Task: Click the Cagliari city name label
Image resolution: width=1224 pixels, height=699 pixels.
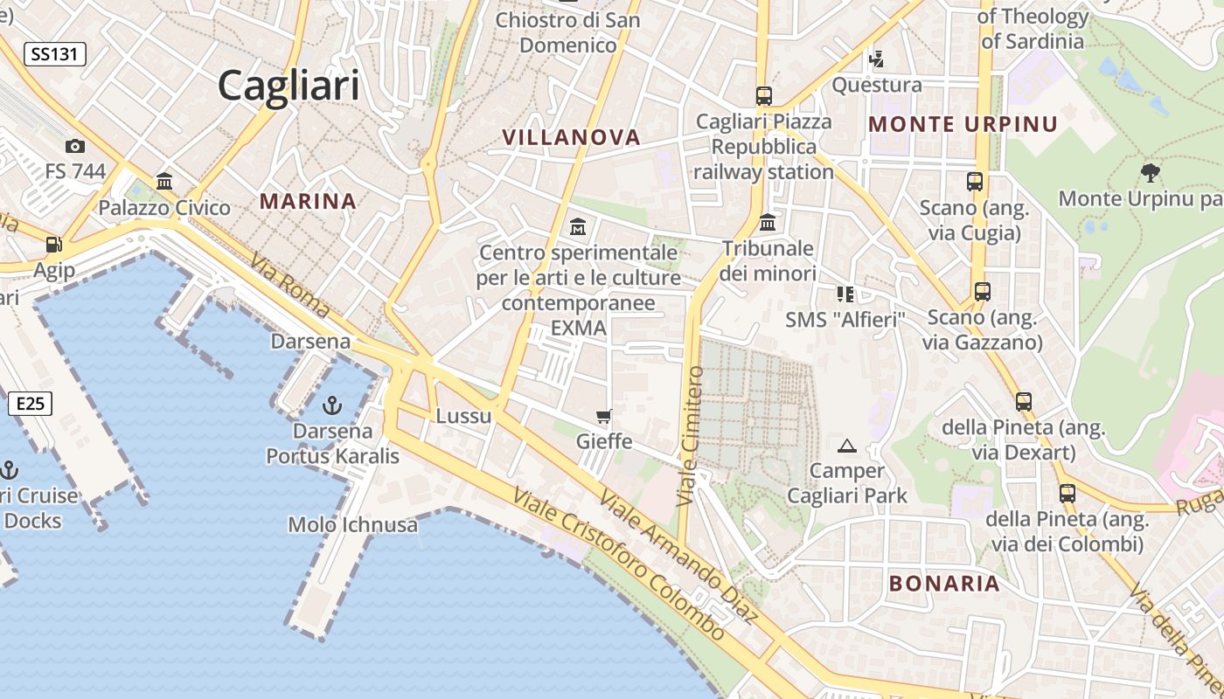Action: point(289,86)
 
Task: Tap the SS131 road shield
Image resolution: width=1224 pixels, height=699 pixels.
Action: point(54,54)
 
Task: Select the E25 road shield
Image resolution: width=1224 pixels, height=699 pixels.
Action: point(30,404)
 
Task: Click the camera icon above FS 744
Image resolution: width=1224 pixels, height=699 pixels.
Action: point(75,146)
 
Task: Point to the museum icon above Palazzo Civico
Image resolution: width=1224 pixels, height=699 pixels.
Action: point(164,182)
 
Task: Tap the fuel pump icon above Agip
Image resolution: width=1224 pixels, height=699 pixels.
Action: point(54,245)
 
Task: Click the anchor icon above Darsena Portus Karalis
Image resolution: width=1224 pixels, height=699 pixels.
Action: point(331,405)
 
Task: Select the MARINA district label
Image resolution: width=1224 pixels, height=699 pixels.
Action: point(308,202)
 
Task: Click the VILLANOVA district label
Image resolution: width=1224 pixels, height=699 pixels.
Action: point(572,137)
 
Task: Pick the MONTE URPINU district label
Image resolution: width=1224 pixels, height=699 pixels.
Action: point(963,124)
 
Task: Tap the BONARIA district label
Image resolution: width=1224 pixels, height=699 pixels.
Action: point(944,584)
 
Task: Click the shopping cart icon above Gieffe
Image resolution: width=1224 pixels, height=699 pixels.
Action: point(604,416)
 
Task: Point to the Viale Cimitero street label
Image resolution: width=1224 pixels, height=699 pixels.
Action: point(690,437)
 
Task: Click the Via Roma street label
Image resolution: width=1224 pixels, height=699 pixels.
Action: point(289,285)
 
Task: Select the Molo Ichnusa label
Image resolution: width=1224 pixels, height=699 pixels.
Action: point(353,524)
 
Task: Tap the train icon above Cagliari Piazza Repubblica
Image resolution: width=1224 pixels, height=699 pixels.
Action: point(764,95)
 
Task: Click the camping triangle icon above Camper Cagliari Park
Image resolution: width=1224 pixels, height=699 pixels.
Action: point(846,446)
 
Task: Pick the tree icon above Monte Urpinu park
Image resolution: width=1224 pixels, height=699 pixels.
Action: point(1151,173)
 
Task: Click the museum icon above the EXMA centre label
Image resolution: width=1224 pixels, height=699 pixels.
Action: point(577,227)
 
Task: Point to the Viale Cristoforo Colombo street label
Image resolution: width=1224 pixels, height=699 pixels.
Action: point(618,564)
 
